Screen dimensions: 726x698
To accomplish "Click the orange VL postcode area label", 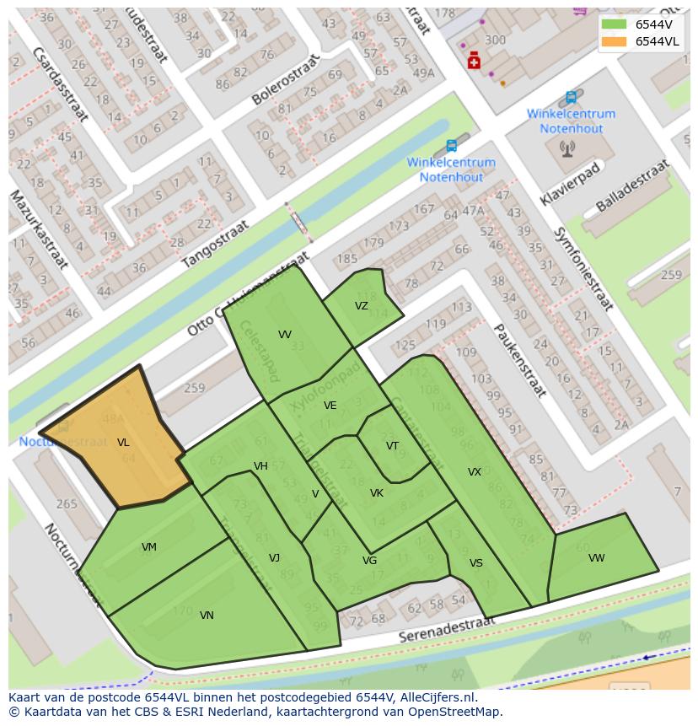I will (x=123, y=443).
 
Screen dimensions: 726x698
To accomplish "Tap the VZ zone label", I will (x=361, y=306).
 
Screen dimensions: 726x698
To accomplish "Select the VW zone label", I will (x=596, y=558).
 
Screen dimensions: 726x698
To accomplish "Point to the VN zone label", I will (x=207, y=616).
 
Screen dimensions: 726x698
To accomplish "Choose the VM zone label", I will (x=149, y=547).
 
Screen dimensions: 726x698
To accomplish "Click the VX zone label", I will (x=475, y=472).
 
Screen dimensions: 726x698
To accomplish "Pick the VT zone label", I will (x=392, y=446).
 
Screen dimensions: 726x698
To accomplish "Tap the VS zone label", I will (x=476, y=563).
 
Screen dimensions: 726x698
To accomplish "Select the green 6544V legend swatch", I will (x=615, y=24).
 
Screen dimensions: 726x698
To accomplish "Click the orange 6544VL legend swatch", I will (x=615, y=41).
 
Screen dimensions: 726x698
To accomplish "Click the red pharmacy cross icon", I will (x=474, y=61).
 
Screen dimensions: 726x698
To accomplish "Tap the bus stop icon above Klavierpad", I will (x=572, y=97).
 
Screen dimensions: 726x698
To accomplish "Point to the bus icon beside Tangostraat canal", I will (x=451, y=146).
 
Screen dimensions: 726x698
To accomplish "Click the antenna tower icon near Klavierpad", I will (x=566, y=148).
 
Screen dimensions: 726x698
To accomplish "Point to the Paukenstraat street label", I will (x=520, y=360).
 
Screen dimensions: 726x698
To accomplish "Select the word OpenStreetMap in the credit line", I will (x=456, y=712).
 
